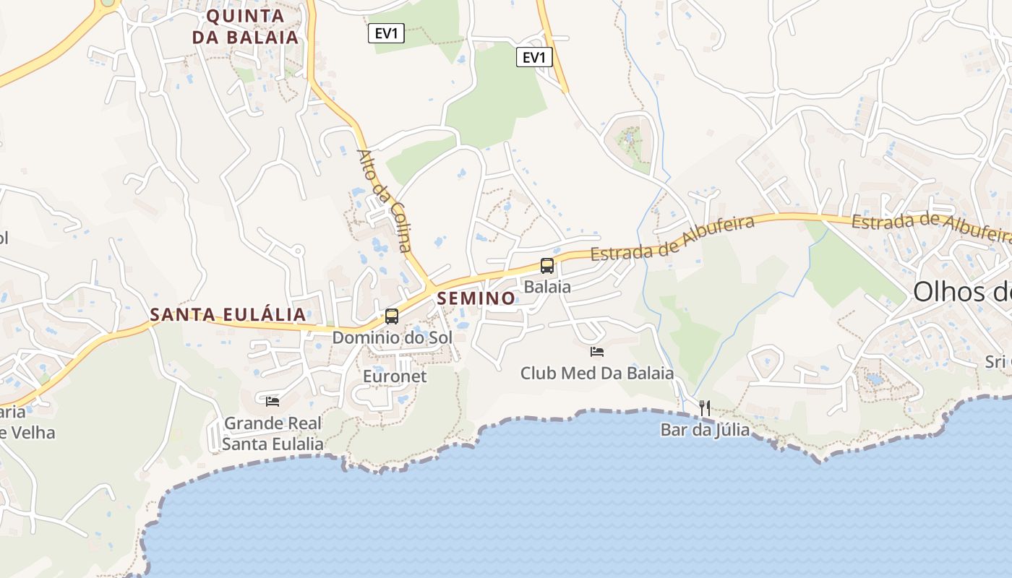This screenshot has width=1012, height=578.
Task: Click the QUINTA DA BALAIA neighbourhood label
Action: coord(245,27)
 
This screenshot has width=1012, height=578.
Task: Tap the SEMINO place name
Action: coord(476,298)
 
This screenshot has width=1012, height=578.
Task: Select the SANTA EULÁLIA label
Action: coord(228,315)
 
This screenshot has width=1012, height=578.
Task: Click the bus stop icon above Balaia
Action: coord(547,266)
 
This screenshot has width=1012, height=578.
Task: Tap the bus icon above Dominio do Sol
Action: coord(392,316)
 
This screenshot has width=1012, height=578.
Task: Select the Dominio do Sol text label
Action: coord(392,337)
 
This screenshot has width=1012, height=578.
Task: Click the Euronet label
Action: coord(395,376)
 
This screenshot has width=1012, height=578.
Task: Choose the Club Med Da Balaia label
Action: coord(597,374)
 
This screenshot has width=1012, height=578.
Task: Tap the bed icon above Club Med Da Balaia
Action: coord(597,352)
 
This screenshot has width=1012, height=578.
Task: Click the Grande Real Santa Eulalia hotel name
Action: coord(273,433)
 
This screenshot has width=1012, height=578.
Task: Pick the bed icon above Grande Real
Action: coord(273,401)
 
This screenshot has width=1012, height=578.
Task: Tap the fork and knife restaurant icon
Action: coord(705,408)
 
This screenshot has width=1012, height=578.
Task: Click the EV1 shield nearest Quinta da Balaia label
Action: coord(386,33)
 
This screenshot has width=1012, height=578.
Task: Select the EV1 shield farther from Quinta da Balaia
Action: coord(534,57)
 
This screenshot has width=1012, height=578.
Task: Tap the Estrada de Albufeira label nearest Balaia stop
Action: coord(672,239)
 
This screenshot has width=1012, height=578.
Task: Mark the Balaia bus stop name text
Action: coord(547,287)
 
